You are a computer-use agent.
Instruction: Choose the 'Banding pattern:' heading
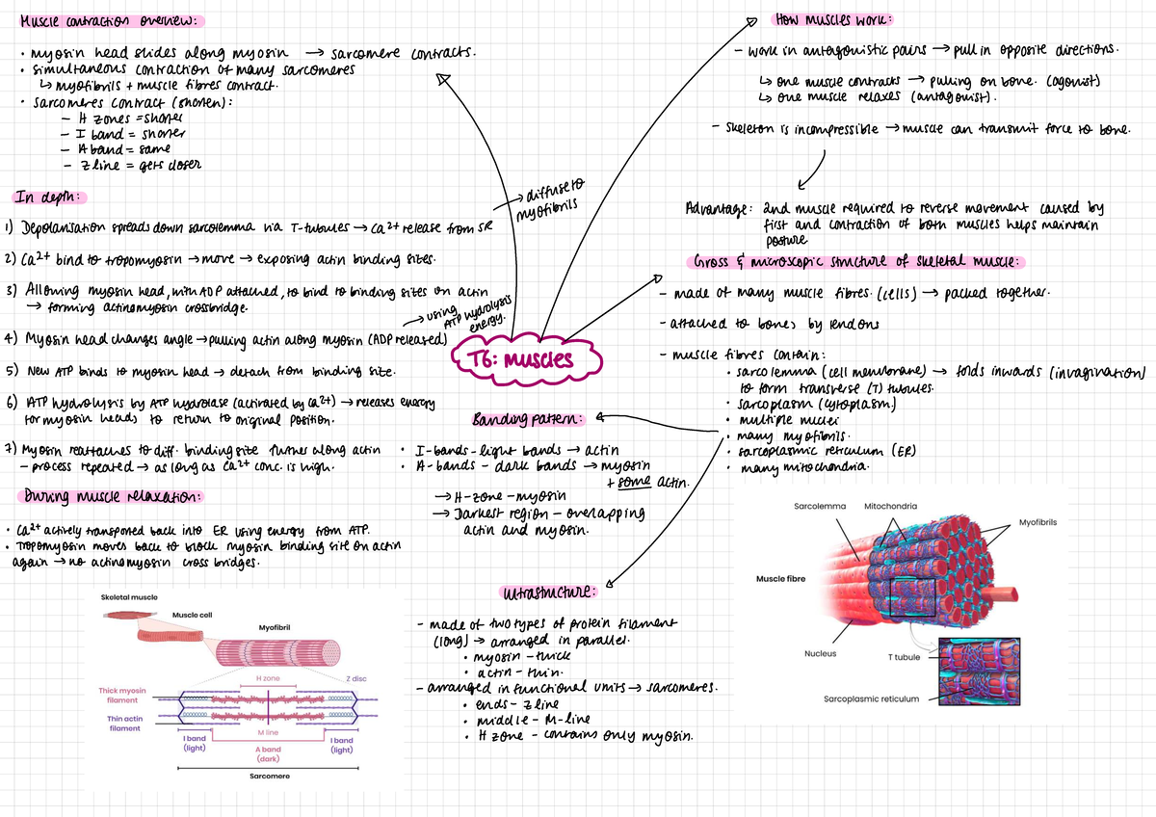point(528,420)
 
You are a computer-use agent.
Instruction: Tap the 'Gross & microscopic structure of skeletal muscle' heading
point(859,262)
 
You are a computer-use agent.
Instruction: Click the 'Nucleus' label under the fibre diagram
point(820,653)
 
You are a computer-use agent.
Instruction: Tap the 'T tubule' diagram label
point(904,657)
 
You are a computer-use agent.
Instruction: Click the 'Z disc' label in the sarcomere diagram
point(355,679)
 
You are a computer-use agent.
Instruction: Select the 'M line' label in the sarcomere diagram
point(268,733)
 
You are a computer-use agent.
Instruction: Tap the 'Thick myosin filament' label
point(122,695)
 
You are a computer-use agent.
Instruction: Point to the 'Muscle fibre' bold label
point(781,578)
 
